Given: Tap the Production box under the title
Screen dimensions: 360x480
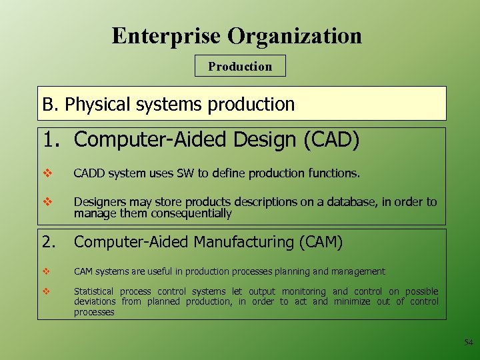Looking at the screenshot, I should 240,66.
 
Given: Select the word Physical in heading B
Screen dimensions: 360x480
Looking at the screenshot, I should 99,105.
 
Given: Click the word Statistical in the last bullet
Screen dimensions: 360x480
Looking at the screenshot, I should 93,291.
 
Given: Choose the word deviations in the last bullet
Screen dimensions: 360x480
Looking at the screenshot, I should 94,301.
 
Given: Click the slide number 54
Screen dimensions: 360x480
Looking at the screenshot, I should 468,343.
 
